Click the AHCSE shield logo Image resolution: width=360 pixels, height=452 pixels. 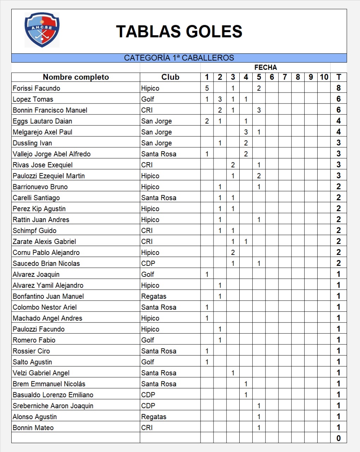(x=42, y=30)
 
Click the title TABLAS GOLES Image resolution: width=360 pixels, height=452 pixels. (x=179, y=31)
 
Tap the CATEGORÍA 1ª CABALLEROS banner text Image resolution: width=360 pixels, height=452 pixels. (x=179, y=58)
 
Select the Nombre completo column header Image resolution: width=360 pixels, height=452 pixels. (x=76, y=77)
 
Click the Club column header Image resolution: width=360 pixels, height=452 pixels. (x=170, y=77)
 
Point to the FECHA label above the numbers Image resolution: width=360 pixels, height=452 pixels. (x=265, y=67)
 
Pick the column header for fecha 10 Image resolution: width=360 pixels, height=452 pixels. (x=324, y=77)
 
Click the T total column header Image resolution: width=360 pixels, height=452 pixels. (x=338, y=77)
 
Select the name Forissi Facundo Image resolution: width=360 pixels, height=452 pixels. (x=36, y=88)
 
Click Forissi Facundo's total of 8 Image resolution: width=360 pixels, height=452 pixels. (x=338, y=88)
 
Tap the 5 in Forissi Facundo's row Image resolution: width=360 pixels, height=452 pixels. (x=207, y=88)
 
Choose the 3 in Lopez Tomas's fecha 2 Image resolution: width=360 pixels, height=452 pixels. (x=220, y=99)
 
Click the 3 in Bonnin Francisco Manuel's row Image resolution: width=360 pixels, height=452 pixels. (x=259, y=110)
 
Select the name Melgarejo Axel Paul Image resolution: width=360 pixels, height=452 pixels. (x=42, y=132)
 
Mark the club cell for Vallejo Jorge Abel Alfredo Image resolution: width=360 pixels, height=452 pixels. (x=158, y=154)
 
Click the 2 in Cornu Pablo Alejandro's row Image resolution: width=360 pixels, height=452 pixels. (x=233, y=252)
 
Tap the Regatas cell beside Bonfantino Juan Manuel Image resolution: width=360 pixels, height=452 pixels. (x=154, y=296)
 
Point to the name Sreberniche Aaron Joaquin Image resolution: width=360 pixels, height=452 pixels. (x=53, y=406)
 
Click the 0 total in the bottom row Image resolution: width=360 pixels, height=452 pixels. (x=338, y=438)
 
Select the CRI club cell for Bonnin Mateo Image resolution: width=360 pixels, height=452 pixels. (x=147, y=428)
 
